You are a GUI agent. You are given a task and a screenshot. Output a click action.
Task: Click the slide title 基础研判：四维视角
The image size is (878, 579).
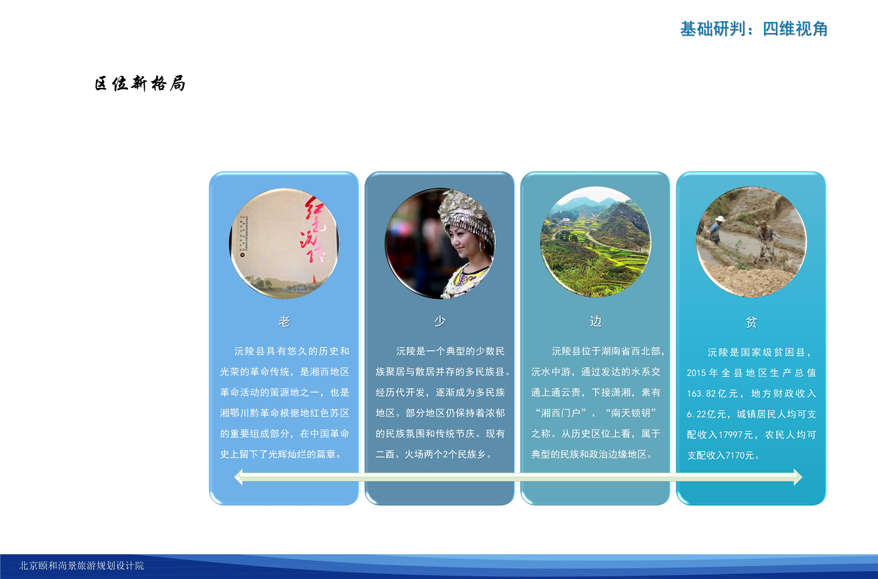point(754,29)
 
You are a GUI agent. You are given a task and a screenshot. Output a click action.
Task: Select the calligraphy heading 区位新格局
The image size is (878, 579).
point(140,84)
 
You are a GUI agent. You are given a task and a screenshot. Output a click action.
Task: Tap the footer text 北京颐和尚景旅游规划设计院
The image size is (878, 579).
point(82,565)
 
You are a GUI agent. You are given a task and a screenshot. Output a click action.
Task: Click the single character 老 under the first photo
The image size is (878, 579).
point(284,321)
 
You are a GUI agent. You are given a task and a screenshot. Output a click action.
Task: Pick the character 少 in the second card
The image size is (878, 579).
point(440,321)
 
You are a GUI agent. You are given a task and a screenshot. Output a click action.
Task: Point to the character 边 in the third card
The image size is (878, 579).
point(595,321)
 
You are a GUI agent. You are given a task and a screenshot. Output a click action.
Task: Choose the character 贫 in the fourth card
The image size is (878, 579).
point(751,323)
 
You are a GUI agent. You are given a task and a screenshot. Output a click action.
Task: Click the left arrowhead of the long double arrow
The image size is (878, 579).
point(238,477)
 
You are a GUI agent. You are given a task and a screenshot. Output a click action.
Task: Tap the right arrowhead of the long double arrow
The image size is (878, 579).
point(798,477)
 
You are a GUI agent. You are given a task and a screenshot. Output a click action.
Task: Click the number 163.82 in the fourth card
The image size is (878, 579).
point(701,393)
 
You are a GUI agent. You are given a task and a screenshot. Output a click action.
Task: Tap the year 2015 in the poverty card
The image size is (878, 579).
point(696,373)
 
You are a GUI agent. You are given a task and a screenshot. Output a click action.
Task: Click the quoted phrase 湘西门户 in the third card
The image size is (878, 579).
point(560,413)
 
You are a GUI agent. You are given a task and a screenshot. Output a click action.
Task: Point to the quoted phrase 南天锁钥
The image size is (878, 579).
point(630,413)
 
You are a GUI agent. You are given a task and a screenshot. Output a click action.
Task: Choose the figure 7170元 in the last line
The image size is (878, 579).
point(740,455)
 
